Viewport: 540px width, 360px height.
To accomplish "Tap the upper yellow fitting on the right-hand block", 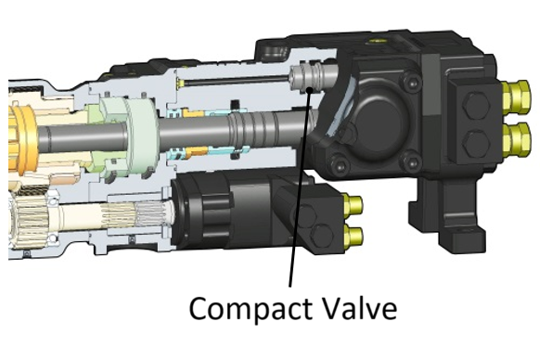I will pyautogui.click(x=516, y=94).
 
